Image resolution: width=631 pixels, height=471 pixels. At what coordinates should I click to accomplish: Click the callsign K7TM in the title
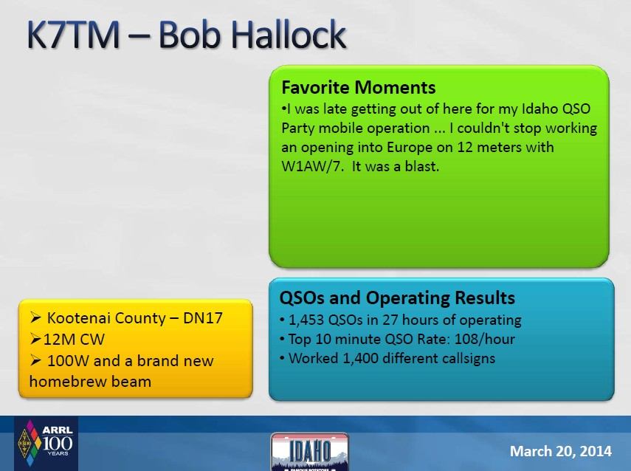(x=73, y=34)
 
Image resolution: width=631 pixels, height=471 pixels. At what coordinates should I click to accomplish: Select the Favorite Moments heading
(x=359, y=87)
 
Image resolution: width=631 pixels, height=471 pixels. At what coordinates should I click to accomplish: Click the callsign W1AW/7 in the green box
(x=313, y=166)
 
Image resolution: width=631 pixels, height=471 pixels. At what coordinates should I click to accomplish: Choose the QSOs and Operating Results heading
(x=397, y=298)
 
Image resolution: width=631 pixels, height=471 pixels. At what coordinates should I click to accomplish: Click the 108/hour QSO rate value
(x=485, y=339)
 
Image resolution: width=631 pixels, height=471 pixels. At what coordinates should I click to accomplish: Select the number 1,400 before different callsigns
(x=360, y=358)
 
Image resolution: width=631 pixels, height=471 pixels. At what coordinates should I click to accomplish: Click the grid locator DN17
(x=203, y=318)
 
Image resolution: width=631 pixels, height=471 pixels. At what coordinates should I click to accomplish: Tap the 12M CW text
(x=74, y=340)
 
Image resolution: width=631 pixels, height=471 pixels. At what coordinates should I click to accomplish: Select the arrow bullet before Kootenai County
(x=36, y=318)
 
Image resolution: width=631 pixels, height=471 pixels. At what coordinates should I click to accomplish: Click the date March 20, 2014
(x=561, y=451)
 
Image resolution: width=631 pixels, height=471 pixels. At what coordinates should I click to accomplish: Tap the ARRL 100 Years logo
(x=46, y=443)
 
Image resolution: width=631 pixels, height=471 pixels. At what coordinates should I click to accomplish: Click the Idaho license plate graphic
(x=310, y=452)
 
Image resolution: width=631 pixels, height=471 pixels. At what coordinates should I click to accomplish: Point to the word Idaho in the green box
(x=539, y=109)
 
